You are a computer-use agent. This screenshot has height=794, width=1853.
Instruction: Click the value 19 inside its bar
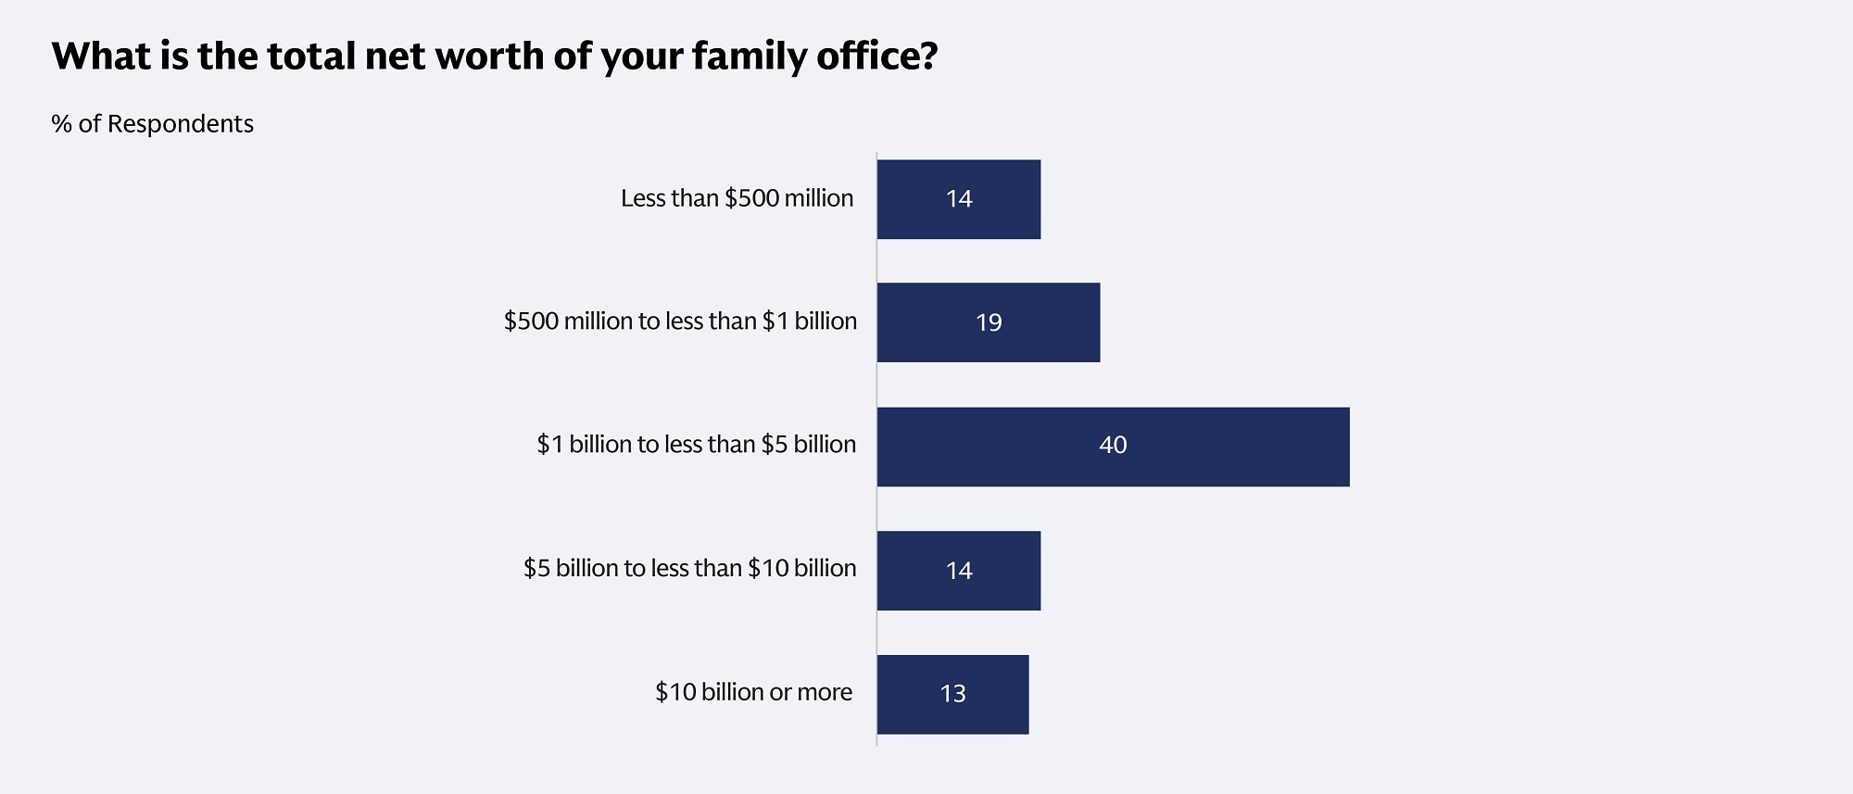[x=989, y=322]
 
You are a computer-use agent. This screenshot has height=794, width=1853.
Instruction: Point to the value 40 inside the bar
[x=1113, y=446]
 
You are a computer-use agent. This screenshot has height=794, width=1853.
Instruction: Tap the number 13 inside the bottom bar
[x=952, y=694]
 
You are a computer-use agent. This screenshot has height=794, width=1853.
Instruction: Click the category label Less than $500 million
[x=737, y=198]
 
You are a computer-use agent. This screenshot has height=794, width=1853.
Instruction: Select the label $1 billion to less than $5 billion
[x=696, y=445]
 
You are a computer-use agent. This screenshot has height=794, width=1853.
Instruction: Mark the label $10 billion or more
[x=753, y=692]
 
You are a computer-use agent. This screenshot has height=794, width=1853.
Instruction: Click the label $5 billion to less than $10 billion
[x=689, y=568]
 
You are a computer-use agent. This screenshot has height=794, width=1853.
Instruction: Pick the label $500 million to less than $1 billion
[x=680, y=321]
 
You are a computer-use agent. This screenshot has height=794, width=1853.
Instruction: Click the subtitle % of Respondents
[x=153, y=124]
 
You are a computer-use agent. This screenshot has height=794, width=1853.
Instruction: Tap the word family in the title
[x=749, y=57]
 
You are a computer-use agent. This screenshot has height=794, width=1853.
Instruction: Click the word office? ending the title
[x=876, y=57]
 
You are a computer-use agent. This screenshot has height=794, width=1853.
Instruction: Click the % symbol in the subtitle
[x=61, y=124]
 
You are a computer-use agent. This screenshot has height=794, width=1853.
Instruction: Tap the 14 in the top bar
[x=959, y=199]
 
